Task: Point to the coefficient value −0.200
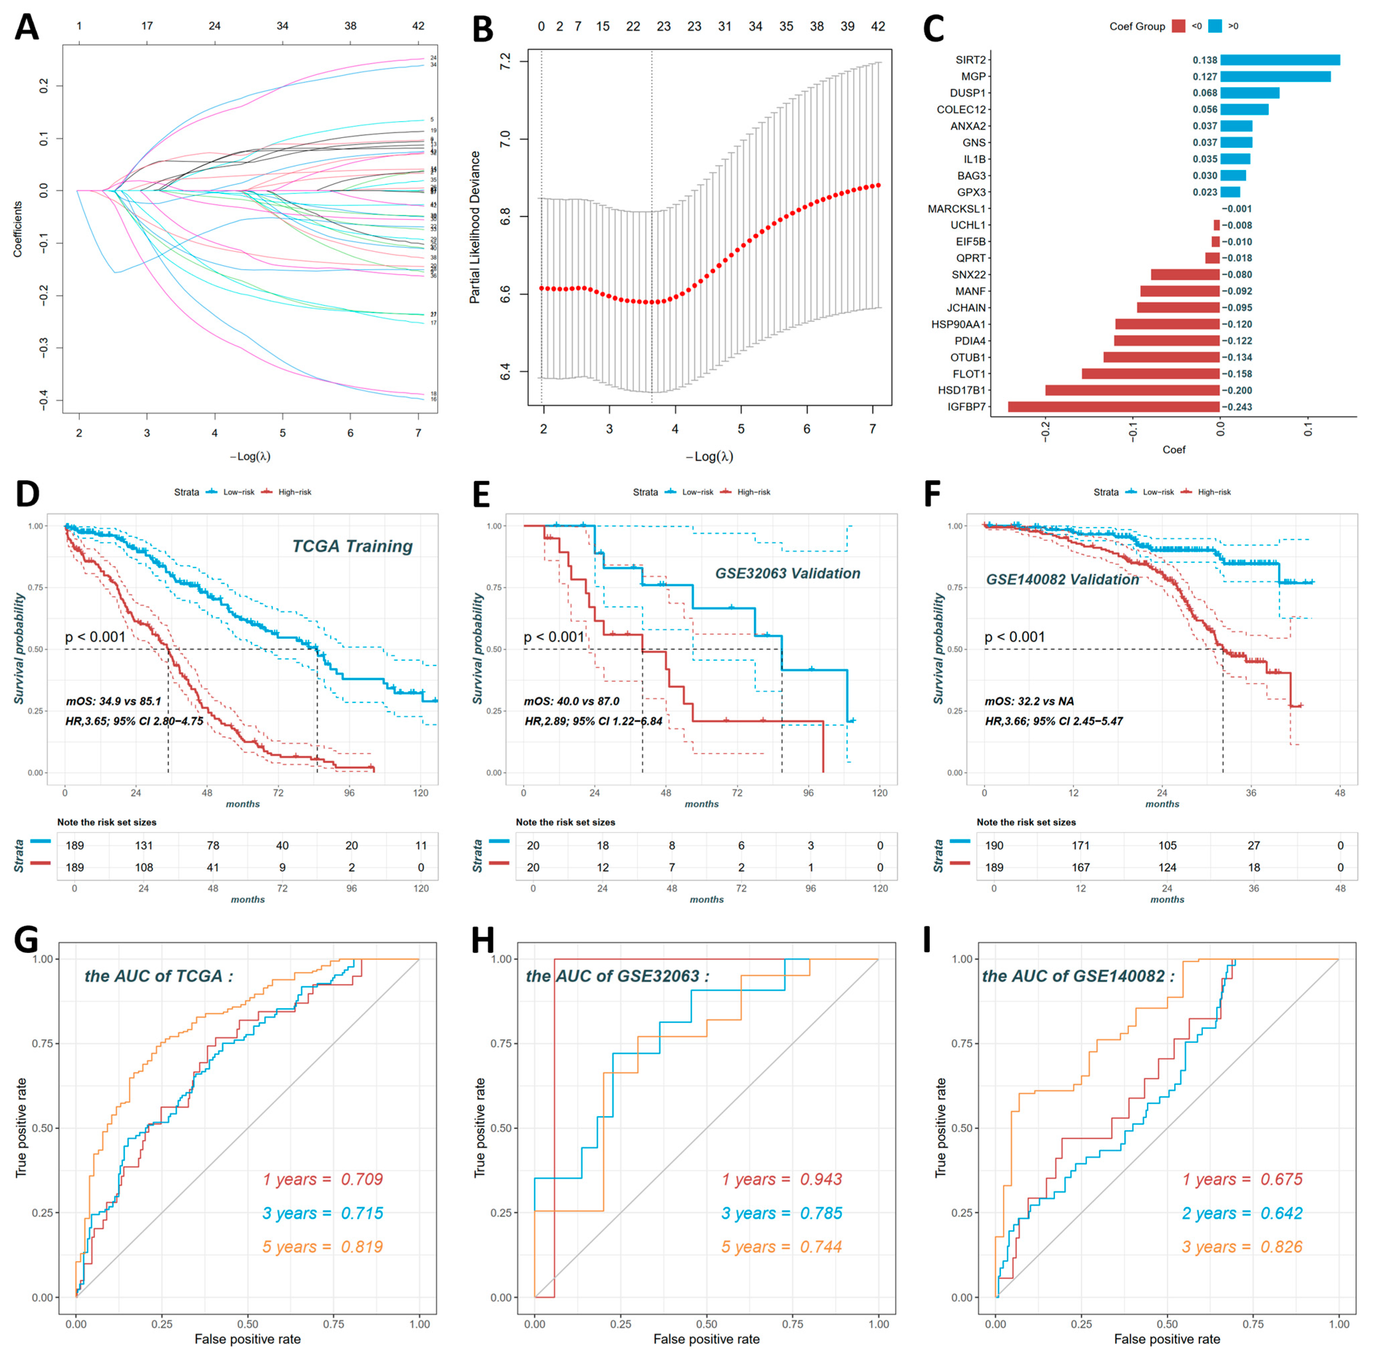(1237, 390)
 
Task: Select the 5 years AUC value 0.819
(362, 1247)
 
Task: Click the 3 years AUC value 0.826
(1281, 1247)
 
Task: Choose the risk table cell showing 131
(144, 845)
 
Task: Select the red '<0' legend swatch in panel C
(1179, 26)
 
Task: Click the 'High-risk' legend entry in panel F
(1213, 492)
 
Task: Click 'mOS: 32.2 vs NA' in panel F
(1028, 701)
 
